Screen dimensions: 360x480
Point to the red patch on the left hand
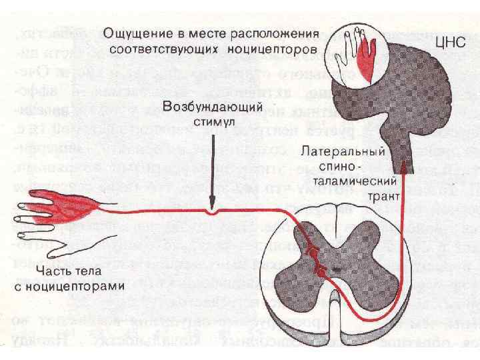click(x=63, y=203)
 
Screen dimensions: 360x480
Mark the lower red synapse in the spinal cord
click(x=319, y=271)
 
